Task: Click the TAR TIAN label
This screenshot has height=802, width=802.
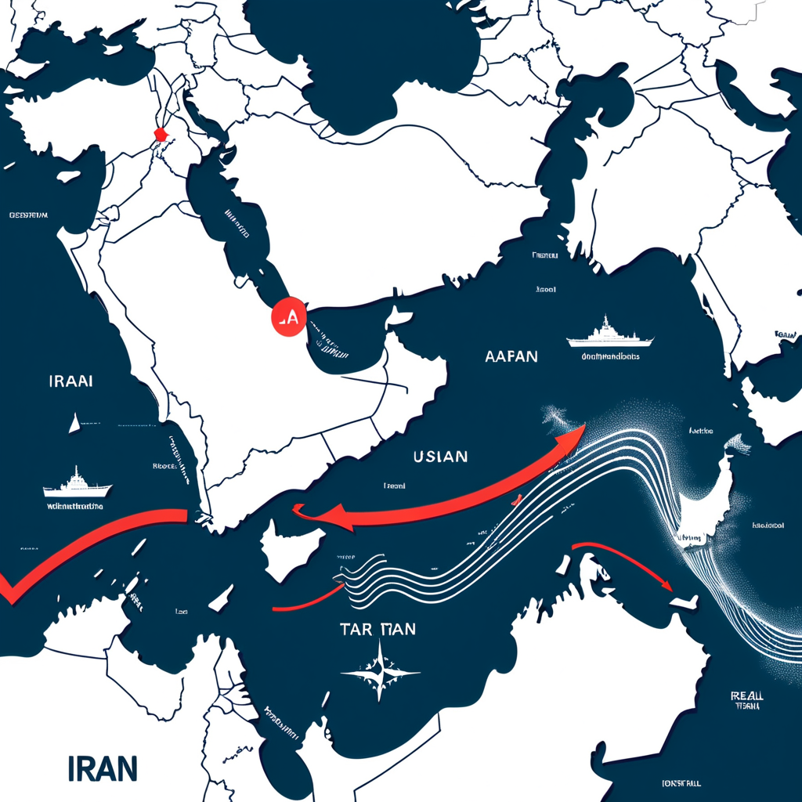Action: click(x=378, y=628)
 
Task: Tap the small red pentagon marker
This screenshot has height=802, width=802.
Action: click(x=161, y=134)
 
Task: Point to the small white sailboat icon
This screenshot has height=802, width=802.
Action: click(x=74, y=424)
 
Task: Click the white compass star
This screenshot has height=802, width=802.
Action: click(x=381, y=671)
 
